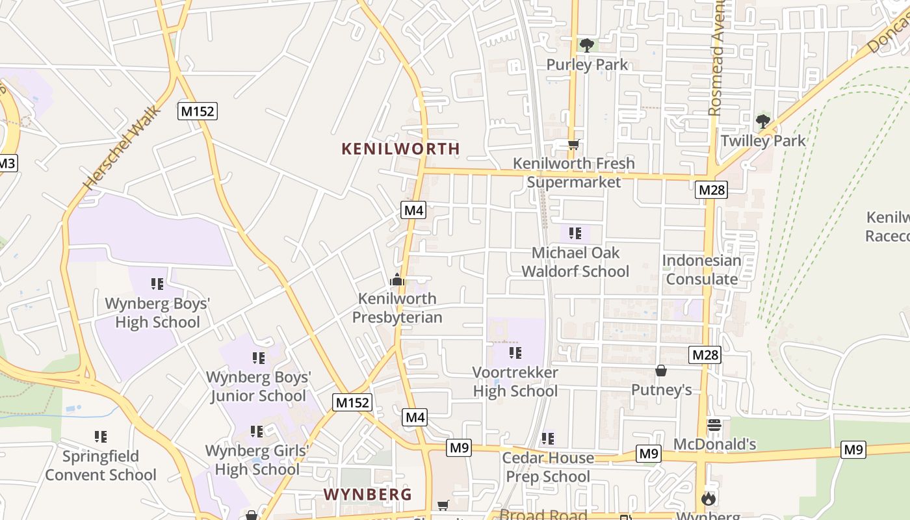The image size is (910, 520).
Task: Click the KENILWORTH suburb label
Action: coord(400,149)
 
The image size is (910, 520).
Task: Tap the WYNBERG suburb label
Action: coord(367,495)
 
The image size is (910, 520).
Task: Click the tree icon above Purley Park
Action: coord(587,45)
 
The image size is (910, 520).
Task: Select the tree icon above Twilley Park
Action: coord(762,122)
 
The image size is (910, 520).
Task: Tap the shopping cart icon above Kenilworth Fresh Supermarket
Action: coord(573,145)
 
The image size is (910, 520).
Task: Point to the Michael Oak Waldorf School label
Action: coord(575,261)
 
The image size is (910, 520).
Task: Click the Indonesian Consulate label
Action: coord(701,270)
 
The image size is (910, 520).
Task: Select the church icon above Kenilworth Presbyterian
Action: coord(396,280)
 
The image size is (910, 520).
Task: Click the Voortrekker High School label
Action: coord(515,382)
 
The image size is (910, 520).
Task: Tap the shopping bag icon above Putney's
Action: coord(661,370)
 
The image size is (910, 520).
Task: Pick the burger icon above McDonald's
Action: coord(714,425)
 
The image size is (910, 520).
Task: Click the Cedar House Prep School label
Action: coord(548,467)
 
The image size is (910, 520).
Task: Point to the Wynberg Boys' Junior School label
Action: coord(258,386)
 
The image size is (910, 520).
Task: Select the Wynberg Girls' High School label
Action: coord(257,460)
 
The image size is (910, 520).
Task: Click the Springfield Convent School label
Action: coord(101,465)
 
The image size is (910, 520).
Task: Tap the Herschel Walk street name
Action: coord(122,149)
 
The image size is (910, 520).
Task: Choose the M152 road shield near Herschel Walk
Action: coord(197,111)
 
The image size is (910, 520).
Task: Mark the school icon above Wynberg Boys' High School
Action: coord(157,284)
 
